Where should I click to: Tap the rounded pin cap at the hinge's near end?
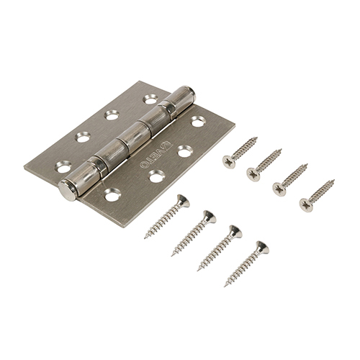pos(68,190)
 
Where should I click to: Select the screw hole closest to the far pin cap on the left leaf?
pos(150,99)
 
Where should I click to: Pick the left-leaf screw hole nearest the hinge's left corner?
pos(63,167)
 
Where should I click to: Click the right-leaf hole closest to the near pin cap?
pos(112,194)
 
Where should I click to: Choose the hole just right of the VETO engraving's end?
pos(184,151)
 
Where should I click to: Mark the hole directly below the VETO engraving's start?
pos(156,176)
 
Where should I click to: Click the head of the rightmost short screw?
pos(306,205)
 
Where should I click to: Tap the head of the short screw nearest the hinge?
pos(229,161)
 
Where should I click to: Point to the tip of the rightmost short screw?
pos(333,181)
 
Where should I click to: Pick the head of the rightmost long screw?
pos(262,248)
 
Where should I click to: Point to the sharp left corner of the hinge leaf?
pos(24,167)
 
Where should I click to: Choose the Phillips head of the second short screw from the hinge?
pos(253,174)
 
